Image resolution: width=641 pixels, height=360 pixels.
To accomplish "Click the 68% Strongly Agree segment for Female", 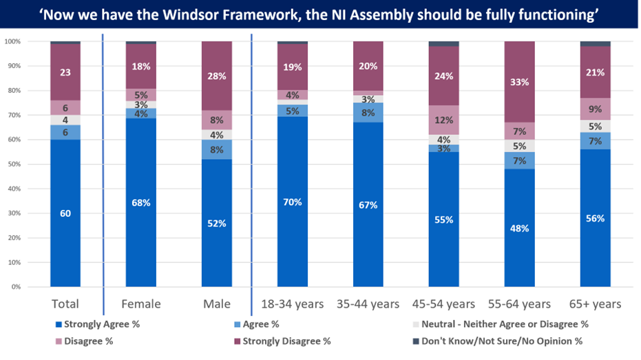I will coord(140,202).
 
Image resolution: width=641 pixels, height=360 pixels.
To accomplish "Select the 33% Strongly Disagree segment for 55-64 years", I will coord(519,82).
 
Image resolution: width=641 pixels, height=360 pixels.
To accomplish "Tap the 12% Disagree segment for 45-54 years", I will coord(443,120).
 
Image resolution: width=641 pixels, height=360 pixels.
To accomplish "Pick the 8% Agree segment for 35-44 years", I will coord(368,113).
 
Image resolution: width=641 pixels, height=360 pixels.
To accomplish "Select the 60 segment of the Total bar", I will coord(65,213).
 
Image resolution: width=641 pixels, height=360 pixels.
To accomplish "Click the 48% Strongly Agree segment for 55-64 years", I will coord(519,228).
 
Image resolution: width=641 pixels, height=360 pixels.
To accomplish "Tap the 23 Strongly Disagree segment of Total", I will coord(65,72).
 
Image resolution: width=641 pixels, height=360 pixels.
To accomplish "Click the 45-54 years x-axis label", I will coord(443,304).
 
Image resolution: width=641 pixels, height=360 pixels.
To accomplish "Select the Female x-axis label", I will coord(140,304).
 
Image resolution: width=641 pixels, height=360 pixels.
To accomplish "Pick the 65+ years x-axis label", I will coord(595,304).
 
